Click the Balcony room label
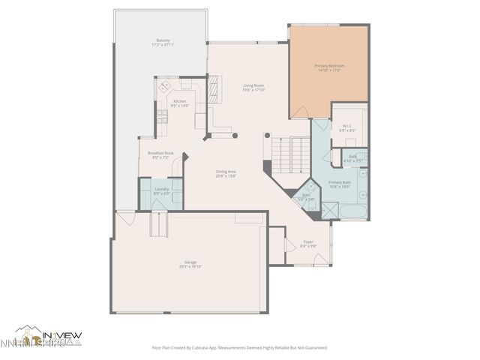[162, 42]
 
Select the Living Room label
[253, 88]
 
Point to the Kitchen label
[180, 103]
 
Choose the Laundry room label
[161, 191]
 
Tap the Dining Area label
[226, 174]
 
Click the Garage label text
[190, 264]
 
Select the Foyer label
[308, 244]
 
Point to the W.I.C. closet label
[349, 127]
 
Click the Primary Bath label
[340, 184]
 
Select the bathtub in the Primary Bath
[352, 212]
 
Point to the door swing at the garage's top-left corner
[125, 218]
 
